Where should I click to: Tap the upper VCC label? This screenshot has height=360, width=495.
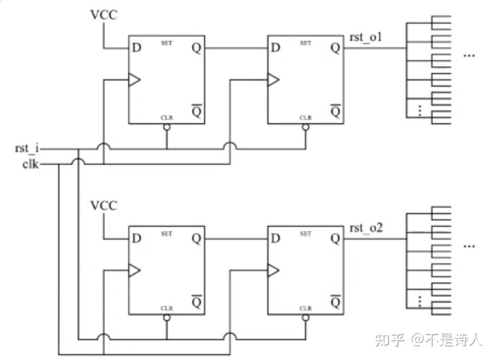[104, 14]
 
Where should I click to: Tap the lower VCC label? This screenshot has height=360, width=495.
[104, 205]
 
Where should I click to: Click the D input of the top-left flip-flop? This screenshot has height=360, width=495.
[137, 48]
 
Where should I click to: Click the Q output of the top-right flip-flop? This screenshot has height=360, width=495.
[335, 48]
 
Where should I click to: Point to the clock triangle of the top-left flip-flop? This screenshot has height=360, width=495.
[134, 80]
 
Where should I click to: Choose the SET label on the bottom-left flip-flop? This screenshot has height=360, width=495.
[166, 234]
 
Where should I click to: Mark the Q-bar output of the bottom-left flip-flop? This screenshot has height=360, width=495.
[196, 302]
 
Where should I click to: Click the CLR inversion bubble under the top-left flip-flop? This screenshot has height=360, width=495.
[166, 128]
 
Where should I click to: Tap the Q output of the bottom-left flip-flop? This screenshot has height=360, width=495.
[196, 239]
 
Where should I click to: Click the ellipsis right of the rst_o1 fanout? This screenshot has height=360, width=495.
[470, 55]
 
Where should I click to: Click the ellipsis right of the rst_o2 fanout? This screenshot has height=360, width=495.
[470, 245]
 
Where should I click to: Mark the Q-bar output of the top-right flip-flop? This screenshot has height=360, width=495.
[335, 110]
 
